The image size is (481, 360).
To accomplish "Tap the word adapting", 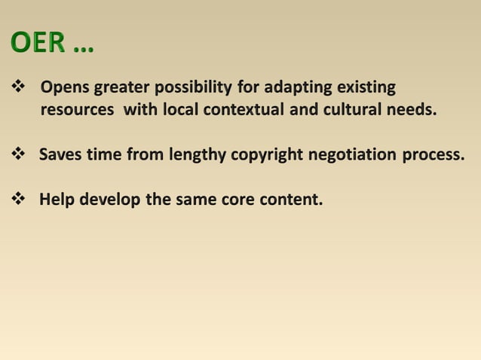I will [x=290, y=88].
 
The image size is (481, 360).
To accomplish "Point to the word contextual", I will [x=242, y=109].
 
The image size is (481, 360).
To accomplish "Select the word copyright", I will [x=268, y=155].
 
